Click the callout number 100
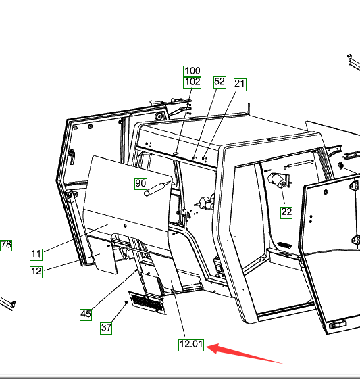point(192,71)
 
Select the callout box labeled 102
point(192,82)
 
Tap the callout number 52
point(220,82)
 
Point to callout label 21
point(240,84)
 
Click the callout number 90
point(140,184)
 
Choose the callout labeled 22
point(286,212)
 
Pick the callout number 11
point(36,255)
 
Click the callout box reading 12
point(36,272)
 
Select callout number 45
point(86,314)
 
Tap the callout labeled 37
point(106,328)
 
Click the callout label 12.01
point(191,345)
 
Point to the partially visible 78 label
point(6,245)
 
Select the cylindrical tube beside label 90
point(157,189)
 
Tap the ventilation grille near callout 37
point(148,303)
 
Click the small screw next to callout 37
point(126,302)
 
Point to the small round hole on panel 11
point(126,226)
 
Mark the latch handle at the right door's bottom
point(338,324)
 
